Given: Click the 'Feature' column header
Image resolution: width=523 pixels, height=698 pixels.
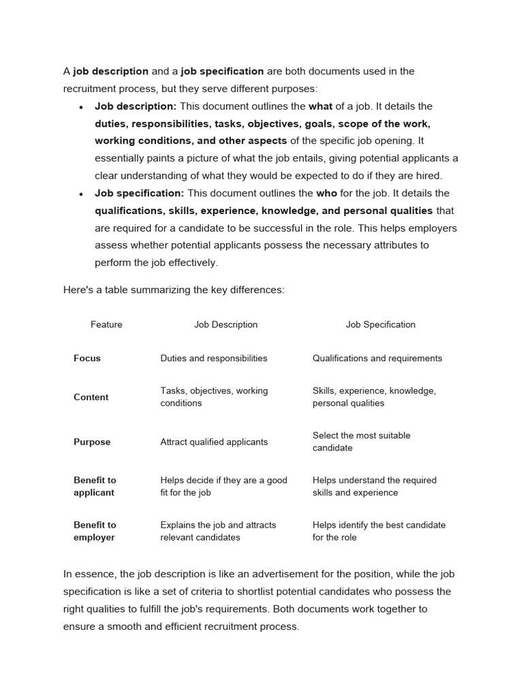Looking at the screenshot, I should (x=106, y=324).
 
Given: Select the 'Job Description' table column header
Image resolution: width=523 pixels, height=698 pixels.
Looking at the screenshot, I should (x=225, y=324).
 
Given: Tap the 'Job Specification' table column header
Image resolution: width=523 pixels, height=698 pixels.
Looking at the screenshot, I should (x=380, y=324).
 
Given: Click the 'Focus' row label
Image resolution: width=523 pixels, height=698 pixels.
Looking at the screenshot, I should (x=87, y=358).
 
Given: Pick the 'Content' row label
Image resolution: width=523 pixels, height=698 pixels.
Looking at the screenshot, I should (x=91, y=397).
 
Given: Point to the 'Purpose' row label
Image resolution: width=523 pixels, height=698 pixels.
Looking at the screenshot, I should (x=92, y=442).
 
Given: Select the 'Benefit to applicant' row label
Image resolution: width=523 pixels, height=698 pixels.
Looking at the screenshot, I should (x=95, y=486).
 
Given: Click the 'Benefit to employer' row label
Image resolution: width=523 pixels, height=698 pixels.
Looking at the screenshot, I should (x=95, y=531).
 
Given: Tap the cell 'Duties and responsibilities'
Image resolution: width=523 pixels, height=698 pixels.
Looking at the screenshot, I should (x=214, y=358).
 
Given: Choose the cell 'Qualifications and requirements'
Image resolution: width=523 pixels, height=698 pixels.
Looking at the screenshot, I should (x=377, y=358).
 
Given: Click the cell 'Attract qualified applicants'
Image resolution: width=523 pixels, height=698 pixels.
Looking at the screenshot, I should (x=214, y=442).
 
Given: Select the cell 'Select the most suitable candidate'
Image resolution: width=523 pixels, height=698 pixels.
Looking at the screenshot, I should (x=361, y=441).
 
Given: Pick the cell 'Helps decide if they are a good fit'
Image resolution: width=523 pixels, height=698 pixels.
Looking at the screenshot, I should (x=223, y=486).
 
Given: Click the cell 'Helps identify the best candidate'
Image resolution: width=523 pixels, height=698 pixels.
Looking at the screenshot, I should (x=379, y=531).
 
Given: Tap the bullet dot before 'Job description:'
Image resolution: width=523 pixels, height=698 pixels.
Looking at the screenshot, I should (x=81, y=107).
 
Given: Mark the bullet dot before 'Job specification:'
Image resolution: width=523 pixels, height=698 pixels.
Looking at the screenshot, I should (x=81, y=194).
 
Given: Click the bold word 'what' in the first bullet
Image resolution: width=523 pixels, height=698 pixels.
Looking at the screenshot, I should (x=321, y=106).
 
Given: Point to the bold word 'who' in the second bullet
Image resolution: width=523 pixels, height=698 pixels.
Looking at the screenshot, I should (x=327, y=193).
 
